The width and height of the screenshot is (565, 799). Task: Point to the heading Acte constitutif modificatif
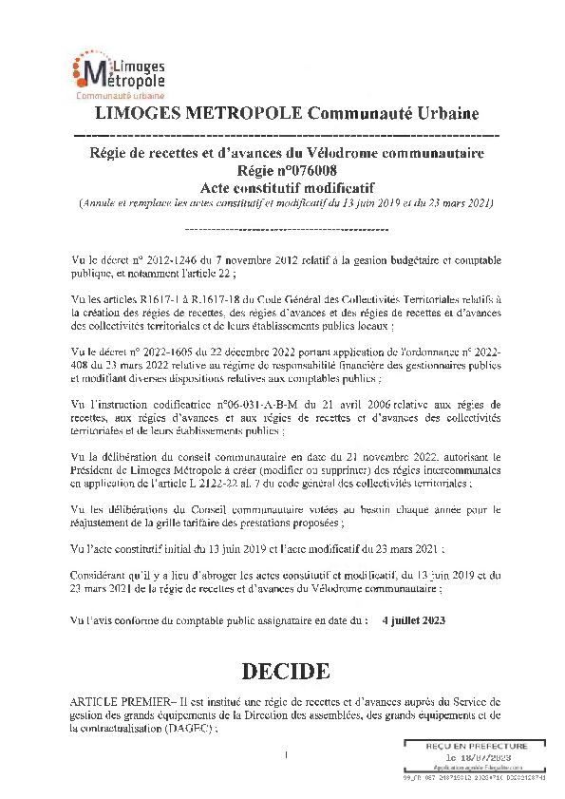284,186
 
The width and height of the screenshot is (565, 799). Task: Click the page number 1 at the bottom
285,755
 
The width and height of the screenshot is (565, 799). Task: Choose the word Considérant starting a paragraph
104,575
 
